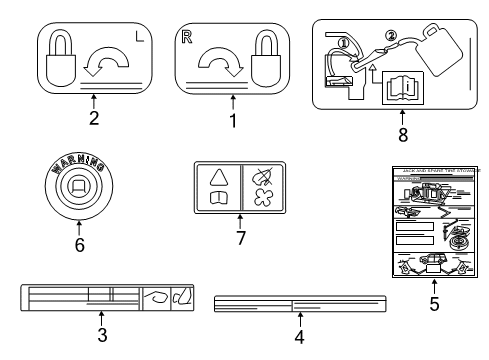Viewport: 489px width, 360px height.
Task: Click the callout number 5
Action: click(x=434, y=305)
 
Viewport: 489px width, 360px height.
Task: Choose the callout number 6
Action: click(x=79, y=242)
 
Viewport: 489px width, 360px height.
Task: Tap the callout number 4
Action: click(x=299, y=337)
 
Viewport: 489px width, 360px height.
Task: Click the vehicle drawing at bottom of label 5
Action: click(x=433, y=265)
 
